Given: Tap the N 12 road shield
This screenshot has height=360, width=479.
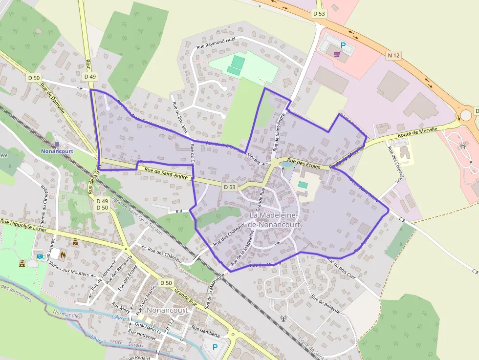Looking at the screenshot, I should point(393,56).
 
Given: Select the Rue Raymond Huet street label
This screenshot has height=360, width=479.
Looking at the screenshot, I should point(216,42).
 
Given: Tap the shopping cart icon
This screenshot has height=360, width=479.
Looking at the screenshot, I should point(337,54).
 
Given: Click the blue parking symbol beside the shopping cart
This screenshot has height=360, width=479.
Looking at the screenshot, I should point(343,45).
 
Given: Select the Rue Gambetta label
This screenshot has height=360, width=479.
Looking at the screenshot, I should point(206,329).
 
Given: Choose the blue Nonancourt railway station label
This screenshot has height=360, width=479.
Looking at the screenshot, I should point(57,151).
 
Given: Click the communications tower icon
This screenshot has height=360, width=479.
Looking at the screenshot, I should point(282,319).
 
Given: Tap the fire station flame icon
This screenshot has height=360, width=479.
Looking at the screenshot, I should point(63,254).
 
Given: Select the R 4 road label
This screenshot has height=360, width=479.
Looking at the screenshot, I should point(178,211).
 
